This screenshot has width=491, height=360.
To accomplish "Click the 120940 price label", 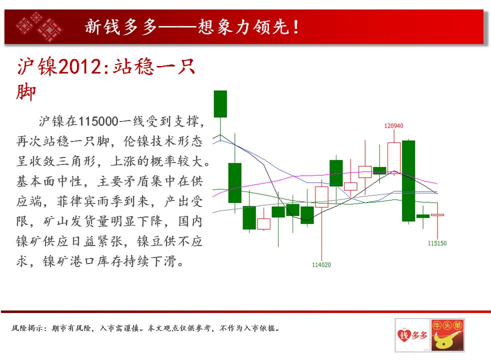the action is point(393,126).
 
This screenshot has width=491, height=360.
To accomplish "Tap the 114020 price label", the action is point(321,265).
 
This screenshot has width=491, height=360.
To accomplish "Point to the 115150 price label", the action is point(437,243).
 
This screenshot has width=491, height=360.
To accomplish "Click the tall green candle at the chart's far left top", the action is point(220,104).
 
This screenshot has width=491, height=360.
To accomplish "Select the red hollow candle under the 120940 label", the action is point(394,157).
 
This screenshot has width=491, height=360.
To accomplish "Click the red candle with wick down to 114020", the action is point(321,197).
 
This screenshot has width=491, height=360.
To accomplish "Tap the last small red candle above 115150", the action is point(437,215).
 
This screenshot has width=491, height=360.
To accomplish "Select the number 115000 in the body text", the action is point(98,121).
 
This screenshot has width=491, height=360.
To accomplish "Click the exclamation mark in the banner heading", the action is point(296,27).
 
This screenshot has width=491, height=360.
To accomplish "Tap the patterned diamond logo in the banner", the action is point(39,27).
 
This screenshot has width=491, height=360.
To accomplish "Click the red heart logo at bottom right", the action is point(412,335).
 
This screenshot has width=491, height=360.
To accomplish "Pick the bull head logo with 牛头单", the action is point(447,335).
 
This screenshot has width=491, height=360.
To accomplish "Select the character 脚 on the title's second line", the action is point(25,92).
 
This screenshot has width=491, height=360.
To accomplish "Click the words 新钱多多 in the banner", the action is point(121,27).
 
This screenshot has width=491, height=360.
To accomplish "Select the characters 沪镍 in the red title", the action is point(37,66).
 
